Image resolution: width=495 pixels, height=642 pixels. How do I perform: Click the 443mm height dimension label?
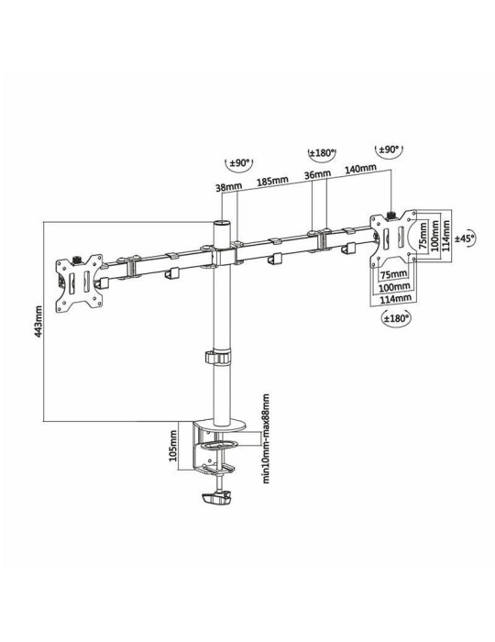click(x=38, y=320)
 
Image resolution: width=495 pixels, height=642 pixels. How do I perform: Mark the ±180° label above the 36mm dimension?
click(x=320, y=152)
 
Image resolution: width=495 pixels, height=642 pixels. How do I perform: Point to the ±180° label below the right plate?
click(x=396, y=317)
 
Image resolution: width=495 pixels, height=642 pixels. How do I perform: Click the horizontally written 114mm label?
click(x=394, y=299)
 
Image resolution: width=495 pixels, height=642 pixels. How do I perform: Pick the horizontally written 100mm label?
click(x=394, y=287)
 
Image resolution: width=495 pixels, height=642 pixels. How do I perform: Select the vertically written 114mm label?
click(x=446, y=233)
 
